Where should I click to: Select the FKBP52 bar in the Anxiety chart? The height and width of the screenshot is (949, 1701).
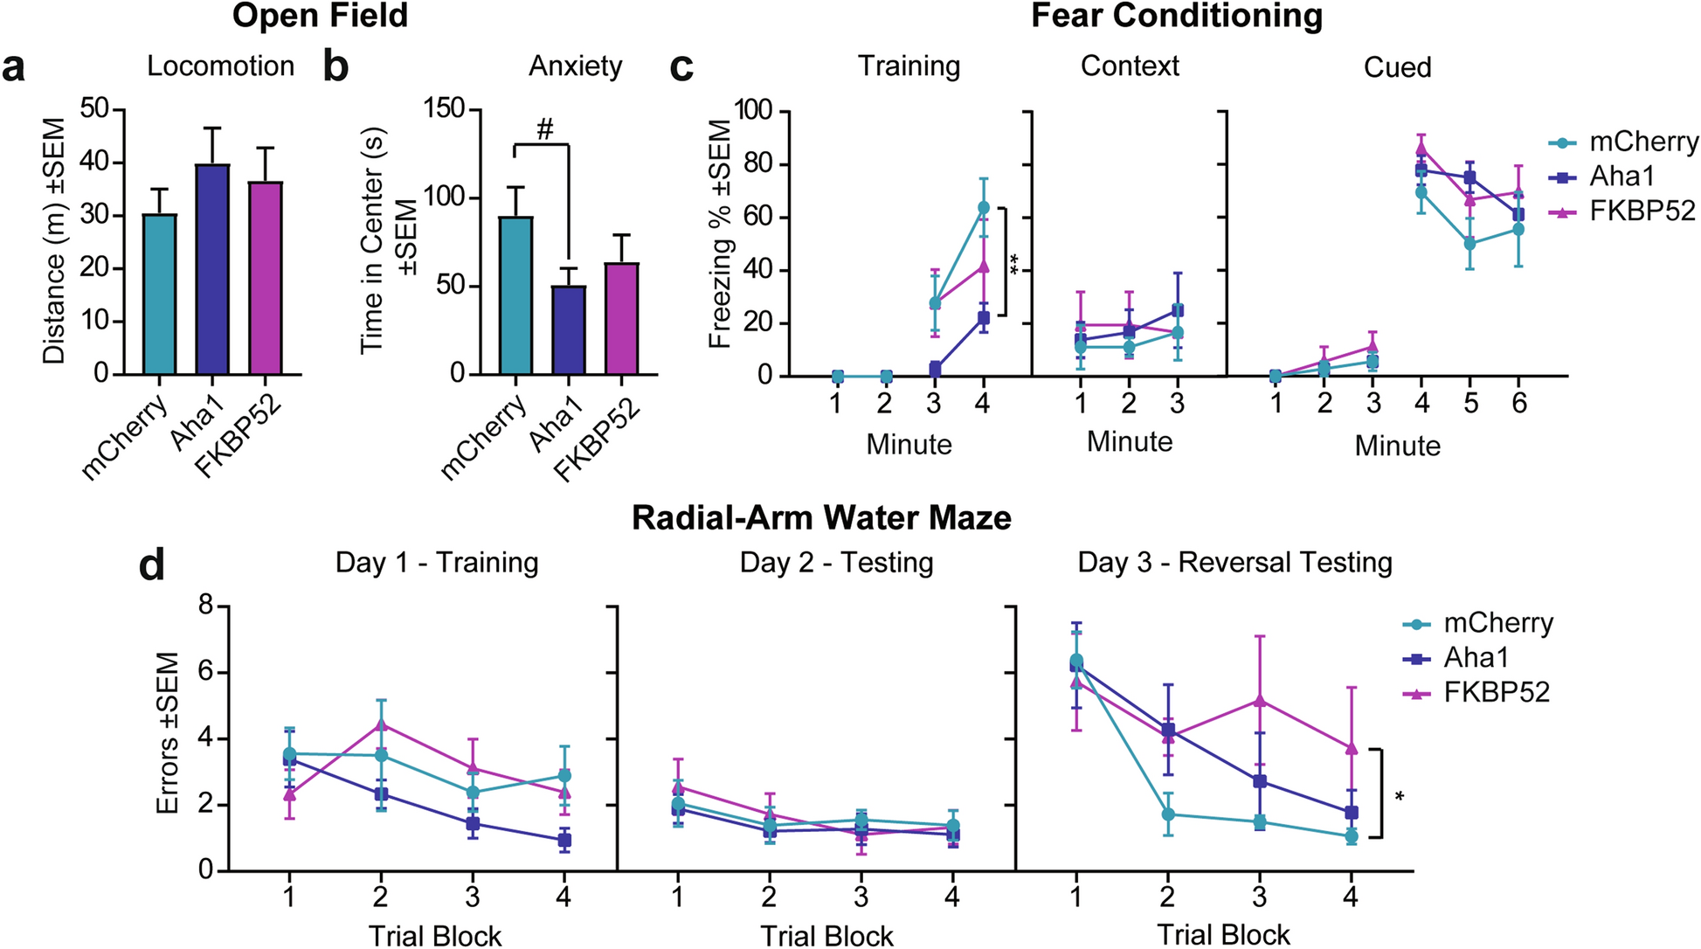[621, 318]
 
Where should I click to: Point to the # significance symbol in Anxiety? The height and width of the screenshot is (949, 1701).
[544, 130]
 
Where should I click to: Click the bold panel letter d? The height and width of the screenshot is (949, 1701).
[152, 565]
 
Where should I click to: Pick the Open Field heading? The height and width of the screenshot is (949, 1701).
[320, 16]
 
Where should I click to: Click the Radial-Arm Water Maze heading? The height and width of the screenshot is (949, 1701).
[821, 517]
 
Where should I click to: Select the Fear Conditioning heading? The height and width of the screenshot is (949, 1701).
[1176, 16]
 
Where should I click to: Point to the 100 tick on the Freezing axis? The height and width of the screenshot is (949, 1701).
[753, 111]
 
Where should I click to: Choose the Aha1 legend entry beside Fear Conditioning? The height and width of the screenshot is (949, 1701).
[1621, 177]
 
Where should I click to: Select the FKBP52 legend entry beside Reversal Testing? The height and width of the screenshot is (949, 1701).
[1496, 692]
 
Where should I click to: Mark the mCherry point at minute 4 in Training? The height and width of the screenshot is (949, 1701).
[984, 207]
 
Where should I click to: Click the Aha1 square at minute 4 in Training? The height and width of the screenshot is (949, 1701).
[984, 318]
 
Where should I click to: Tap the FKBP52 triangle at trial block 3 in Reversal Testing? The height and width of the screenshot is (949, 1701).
[1259, 701]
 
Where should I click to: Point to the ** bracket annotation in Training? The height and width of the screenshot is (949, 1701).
[1013, 262]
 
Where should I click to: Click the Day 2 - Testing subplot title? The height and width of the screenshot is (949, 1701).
[836, 562]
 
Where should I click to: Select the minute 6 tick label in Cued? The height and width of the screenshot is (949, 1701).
[1519, 403]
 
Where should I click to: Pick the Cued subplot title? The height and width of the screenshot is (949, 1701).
[1397, 67]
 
